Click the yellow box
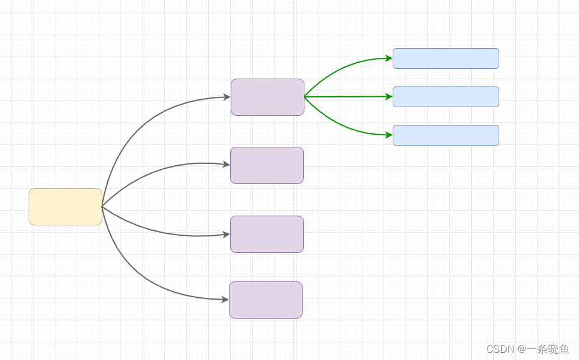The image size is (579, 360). pos(65,206)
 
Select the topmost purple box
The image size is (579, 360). pos(267,97)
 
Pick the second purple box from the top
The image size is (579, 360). pos(267,165)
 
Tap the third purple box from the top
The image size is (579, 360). pos(267,234)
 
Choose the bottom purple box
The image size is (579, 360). pos(265,300)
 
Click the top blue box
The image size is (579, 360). pos(446,58)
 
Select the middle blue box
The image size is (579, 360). pos(446,97)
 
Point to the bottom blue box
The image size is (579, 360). pos(446,135)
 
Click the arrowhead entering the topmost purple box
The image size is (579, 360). pos(226,97)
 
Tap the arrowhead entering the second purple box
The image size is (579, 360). pos(226,164)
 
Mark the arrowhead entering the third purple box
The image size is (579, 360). pos(226,235)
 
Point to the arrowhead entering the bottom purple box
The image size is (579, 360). pos(225,300)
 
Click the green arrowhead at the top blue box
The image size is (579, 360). pos(388,58)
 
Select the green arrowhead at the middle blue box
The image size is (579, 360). pos(388,96)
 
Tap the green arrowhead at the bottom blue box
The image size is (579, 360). pos(388,135)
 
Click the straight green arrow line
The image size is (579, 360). pos(347,97)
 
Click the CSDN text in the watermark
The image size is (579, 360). pos(500,349)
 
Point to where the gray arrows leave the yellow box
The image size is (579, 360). pos(102,206)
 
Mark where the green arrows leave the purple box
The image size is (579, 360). pos(304,97)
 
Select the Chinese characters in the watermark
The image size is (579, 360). pos(547,349)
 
